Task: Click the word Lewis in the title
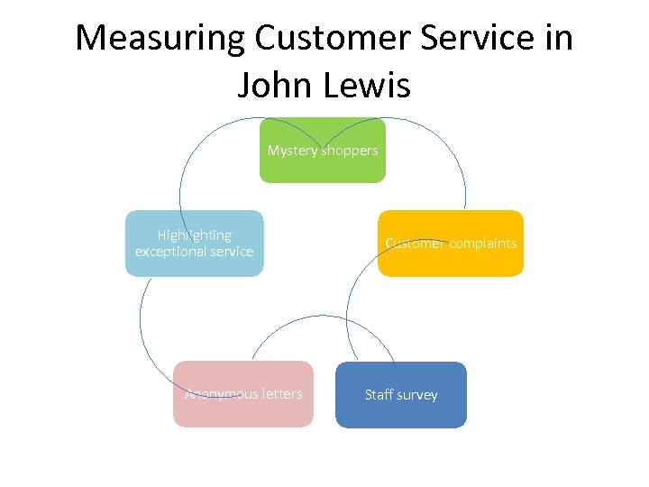(x=366, y=86)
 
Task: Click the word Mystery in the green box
(x=292, y=151)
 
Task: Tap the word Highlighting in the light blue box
(x=195, y=235)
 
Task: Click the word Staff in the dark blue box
(x=379, y=394)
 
